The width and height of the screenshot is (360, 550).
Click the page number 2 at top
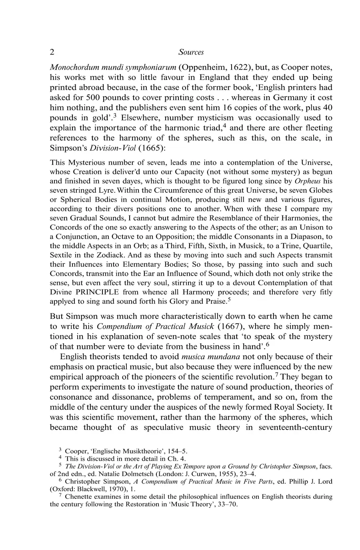52,52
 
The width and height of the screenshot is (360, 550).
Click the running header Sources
191,52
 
